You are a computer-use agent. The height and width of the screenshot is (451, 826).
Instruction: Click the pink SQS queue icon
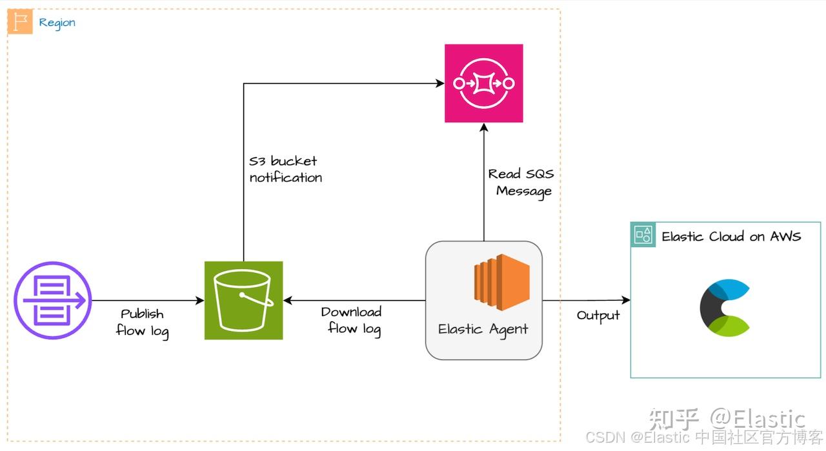point(483,83)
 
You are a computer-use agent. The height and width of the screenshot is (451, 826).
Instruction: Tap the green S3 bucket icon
point(243,300)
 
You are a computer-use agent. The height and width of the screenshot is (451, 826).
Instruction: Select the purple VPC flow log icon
point(52,300)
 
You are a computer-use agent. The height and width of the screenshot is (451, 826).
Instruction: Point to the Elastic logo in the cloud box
point(724,308)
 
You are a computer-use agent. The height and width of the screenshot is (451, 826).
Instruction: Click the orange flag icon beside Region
point(19,22)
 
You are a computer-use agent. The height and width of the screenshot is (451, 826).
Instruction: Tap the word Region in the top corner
point(57,23)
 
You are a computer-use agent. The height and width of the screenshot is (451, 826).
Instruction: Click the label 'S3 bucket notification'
point(285,169)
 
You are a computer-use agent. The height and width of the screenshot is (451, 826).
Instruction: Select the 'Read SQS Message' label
point(521,183)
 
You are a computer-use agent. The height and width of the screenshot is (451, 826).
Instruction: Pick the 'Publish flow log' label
point(143,323)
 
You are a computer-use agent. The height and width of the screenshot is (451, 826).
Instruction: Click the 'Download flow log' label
point(352,321)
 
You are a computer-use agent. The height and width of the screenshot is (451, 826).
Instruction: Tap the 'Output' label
point(598,316)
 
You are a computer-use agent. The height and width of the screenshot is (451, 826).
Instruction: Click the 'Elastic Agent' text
point(483,329)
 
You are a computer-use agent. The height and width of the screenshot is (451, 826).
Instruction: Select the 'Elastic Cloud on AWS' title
point(731,236)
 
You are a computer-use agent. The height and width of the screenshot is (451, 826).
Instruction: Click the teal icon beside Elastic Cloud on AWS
point(643,235)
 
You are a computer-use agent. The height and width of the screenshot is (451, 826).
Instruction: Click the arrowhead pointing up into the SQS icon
point(483,127)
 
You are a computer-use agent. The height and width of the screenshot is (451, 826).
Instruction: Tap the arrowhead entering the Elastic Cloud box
point(625,300)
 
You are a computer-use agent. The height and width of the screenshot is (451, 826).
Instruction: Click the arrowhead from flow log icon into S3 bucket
point(200,300)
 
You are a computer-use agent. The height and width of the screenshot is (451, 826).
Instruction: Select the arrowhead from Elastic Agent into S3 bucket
point(288,300)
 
